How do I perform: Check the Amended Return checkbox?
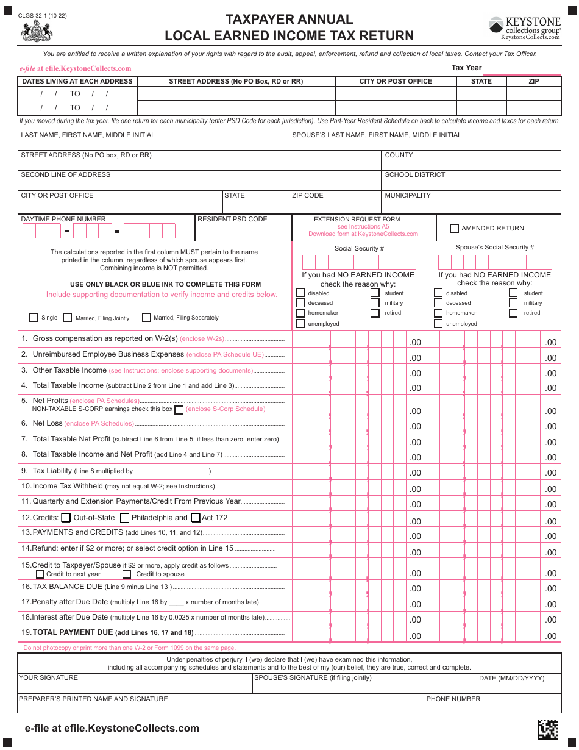(454, 229)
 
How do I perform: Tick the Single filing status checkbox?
(34, 317)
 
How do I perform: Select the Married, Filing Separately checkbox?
(146, 317)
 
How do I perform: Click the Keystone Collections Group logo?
(525, 28)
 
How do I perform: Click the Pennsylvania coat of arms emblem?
(37, 30)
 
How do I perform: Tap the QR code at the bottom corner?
(547, 729)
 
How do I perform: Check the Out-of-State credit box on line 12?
(66, 518)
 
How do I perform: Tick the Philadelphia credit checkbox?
(124, 518)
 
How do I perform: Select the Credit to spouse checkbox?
(127, 574)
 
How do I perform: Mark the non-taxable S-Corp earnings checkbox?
(179, 410)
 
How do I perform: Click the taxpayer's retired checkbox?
(375, 313)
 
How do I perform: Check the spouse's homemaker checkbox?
(438, 313)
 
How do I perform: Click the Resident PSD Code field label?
(232, 219)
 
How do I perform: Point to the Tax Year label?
(466, 68)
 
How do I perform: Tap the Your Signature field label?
(48, 677)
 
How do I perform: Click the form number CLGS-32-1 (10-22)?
(43, 15)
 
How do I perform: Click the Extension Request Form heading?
(357, 219)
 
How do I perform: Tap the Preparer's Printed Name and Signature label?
(93, 699)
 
